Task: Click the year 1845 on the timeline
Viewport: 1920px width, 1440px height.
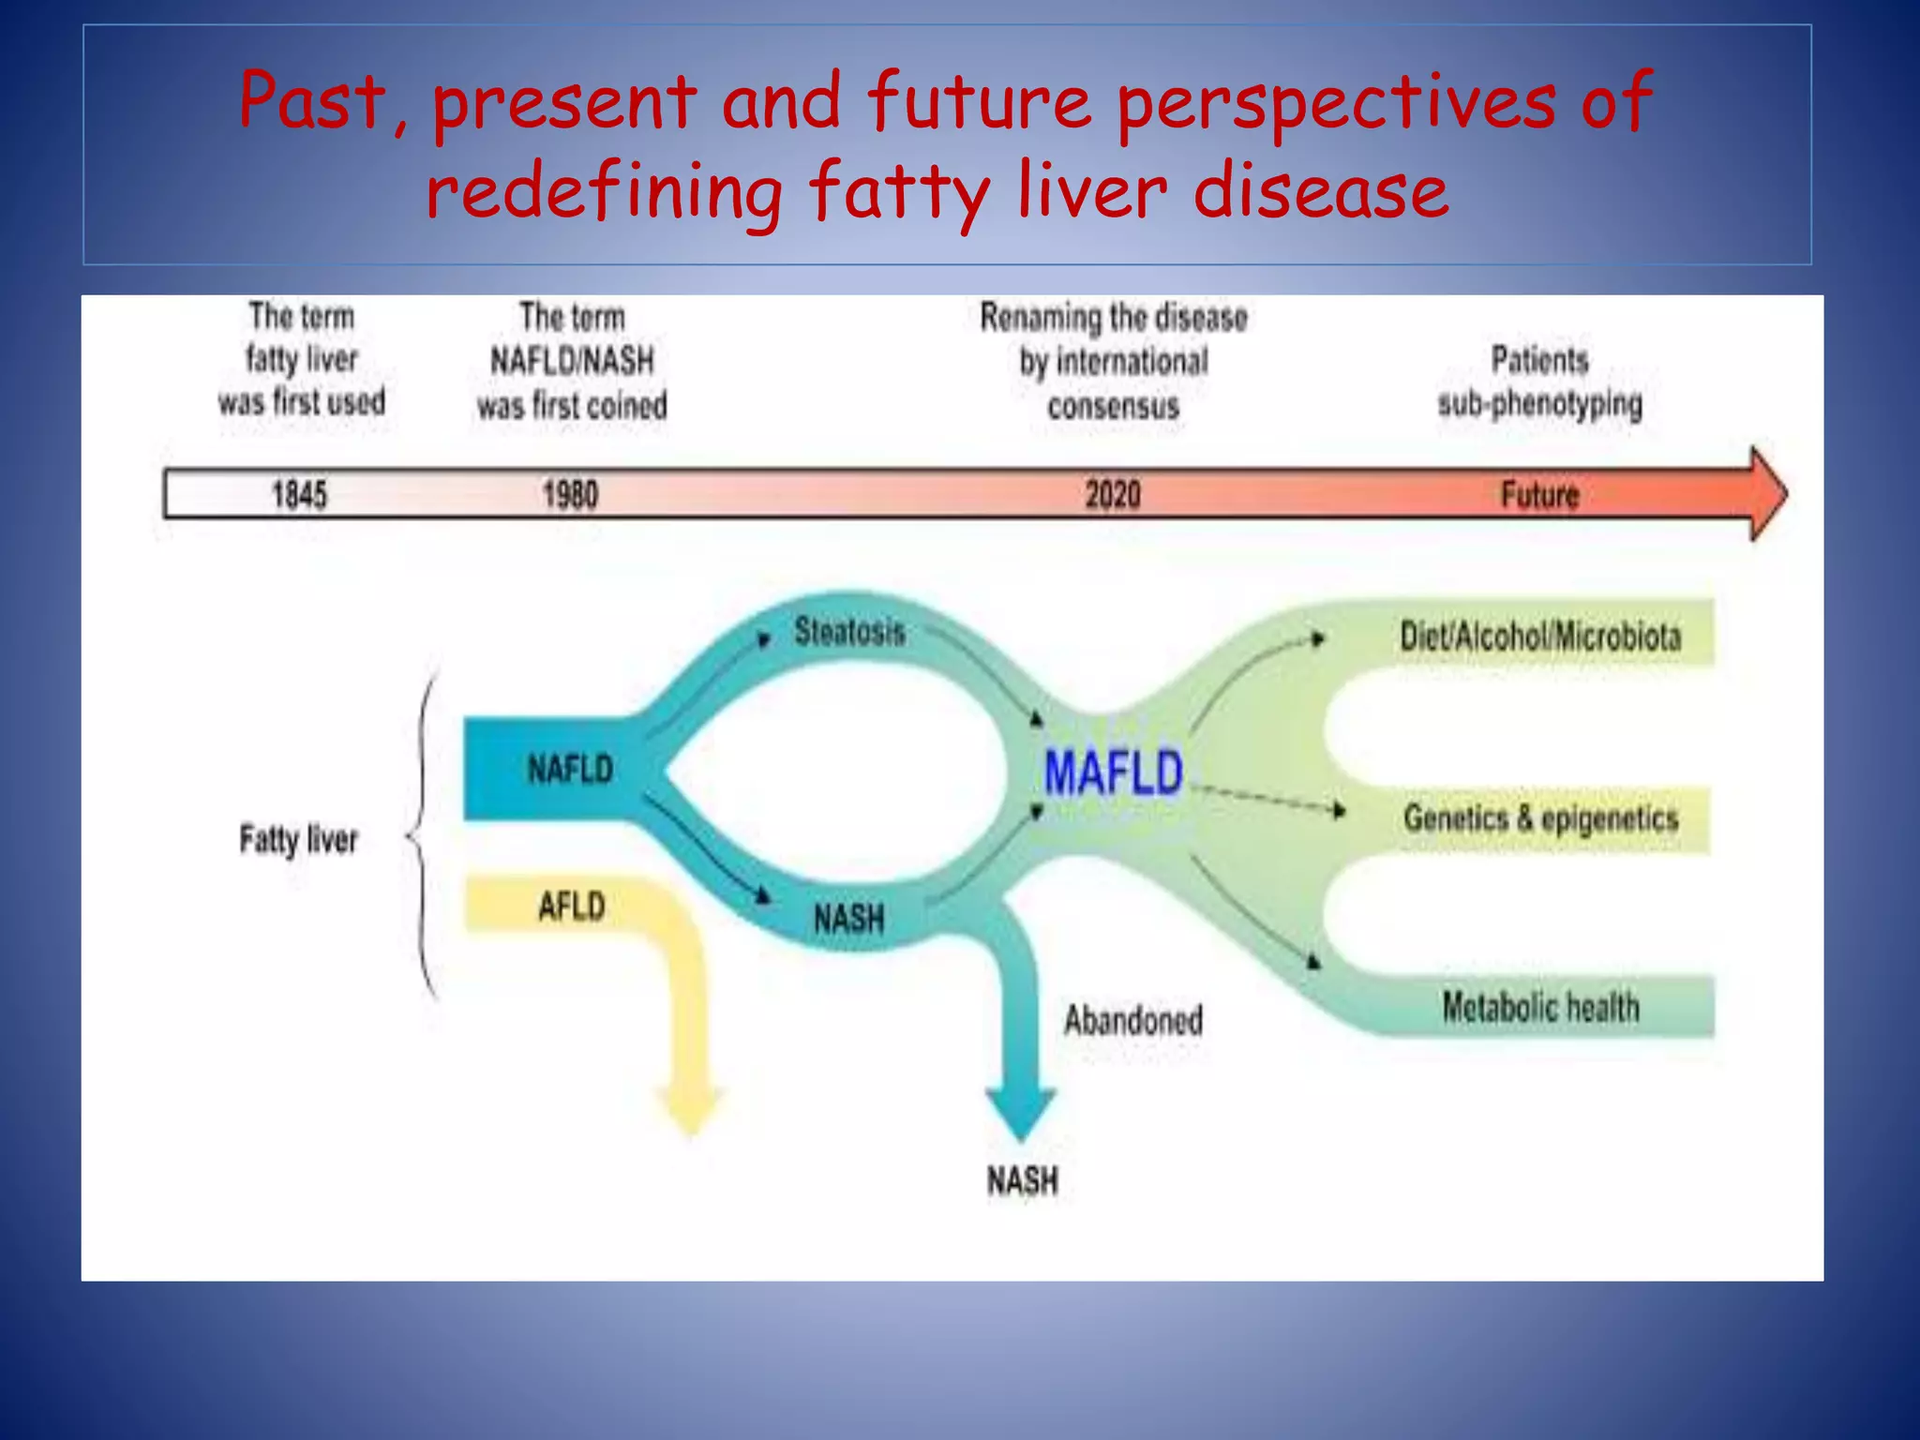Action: (x=299, y=494)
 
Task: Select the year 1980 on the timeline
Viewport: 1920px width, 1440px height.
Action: (x=570, y=494)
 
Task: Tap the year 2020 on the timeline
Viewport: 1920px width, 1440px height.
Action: (x=1113, y=494)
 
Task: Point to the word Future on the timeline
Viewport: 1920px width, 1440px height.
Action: (x=1539, y=494)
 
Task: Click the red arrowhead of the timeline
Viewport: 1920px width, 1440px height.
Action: (x=1767, y=494)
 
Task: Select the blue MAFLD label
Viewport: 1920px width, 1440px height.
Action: (x=1114, y=773)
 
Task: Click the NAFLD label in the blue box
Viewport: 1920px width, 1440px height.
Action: (x=570, y=770)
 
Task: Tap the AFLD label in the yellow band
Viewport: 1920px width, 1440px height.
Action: (x=572, y=907)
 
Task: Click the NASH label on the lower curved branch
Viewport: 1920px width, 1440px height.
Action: (x=848, y=918)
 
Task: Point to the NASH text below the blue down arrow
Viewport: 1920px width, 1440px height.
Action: (x=1022, y=1180)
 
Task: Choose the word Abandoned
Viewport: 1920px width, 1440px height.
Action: (x=1132, y=1020)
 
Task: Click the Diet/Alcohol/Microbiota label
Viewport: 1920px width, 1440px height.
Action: (x=1540, y=637)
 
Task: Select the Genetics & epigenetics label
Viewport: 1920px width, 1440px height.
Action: (x=1540, y=818)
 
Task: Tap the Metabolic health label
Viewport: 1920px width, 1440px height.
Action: (x=1540, y=1008)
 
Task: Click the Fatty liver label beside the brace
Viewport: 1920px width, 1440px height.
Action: (x=298, y=839)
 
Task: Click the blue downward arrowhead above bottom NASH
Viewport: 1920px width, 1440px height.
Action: (x=1021, y=1112)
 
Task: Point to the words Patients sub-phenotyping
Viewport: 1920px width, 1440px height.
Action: (x=1539, y=382)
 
